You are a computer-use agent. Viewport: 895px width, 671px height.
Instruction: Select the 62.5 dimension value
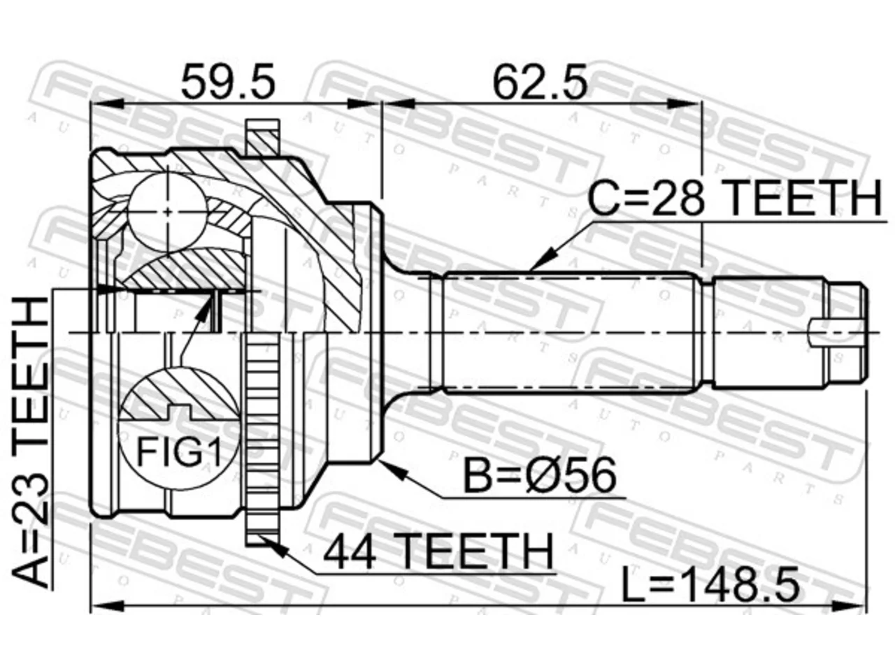pos(540,82)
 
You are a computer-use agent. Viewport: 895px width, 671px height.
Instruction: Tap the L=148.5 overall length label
pos(710,586)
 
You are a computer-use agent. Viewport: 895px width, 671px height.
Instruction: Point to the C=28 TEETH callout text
pos(735,199)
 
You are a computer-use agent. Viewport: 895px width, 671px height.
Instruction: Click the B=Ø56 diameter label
pos(539,475)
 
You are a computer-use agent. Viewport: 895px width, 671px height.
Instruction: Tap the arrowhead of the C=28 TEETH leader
pos(538,260)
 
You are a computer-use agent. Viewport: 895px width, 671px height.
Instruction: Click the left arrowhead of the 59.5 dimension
pos(107,104)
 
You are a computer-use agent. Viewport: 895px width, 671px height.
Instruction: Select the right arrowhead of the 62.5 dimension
pos(685,104)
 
